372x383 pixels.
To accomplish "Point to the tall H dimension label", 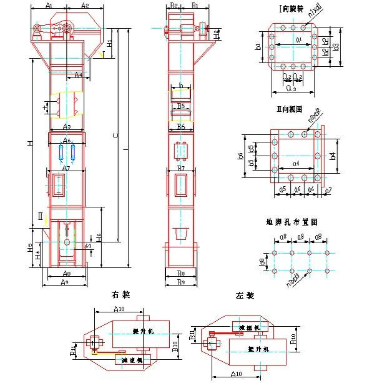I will click(29, 144).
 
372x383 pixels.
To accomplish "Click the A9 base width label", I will click(65, 282).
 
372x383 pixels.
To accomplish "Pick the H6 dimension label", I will click(99, 238).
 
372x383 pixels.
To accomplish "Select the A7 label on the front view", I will click(66, 169).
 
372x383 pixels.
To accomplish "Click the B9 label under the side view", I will click(181, 282).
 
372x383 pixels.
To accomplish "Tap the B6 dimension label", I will click(181, 127).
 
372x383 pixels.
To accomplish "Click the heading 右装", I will click(119, 294).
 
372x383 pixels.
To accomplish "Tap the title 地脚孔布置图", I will click(292, 221).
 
